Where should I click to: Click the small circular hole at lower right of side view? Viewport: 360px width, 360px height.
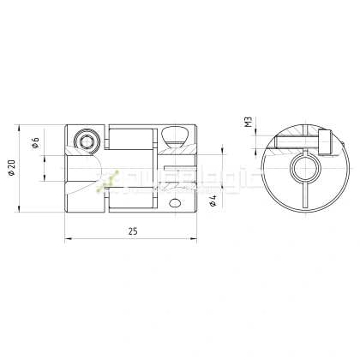point(177,204)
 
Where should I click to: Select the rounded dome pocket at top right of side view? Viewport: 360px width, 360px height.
point(177,135)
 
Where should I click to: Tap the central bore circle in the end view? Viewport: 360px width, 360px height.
point(304,168)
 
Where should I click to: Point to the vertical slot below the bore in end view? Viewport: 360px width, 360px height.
point(304,194)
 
